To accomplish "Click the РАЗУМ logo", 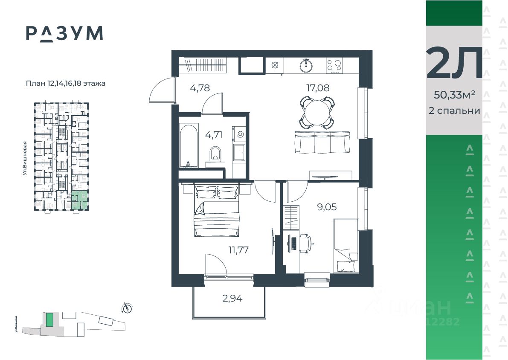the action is tap(64, 33).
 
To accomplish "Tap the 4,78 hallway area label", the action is tap(200, 88).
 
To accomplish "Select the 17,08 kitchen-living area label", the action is tap(318, 88).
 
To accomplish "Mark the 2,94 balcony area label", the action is tap(232, 298).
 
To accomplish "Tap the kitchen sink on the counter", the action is tap(306, 66).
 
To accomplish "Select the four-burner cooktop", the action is tap(334, 66).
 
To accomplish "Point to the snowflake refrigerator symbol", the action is tap(275, 66).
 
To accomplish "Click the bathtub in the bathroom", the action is tap(188, 145).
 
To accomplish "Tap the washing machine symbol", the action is tap(239, 135).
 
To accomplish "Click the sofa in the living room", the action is tap(322, 142).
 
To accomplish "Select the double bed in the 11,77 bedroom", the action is tap(216, 211).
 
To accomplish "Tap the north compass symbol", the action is tap(127, 307).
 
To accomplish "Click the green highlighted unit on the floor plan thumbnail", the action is tap(79, 200).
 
